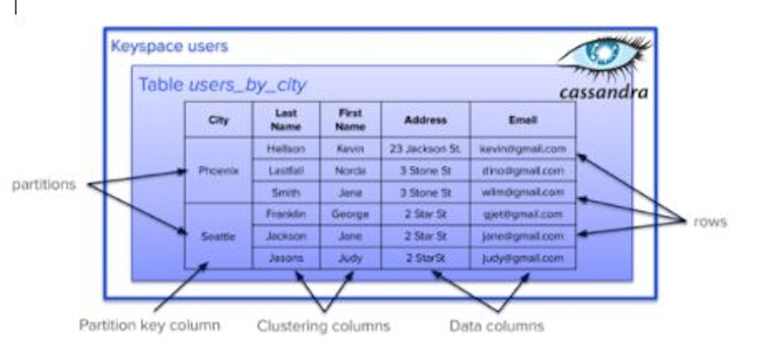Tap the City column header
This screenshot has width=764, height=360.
tap(219, 120)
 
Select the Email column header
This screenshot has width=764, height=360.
tap(523, 120)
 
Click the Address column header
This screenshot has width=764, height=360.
tap(425, 120)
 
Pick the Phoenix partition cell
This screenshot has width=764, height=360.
tap(219, 170)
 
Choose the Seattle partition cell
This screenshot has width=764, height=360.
tap(219, 236)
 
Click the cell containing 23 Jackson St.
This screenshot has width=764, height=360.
tap(425, 149)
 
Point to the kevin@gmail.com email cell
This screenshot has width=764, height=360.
tap(523, 149)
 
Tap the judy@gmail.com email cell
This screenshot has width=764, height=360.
tap(523, 258)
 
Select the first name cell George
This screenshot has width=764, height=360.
tap(350, 214)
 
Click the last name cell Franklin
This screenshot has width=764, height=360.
tap(286, 214)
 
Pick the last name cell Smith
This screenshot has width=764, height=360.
tap(286, 192)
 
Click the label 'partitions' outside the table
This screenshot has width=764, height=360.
tap(43, 185)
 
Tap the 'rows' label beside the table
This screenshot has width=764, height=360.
tap(710, 221)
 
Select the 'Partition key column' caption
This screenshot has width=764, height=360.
tap(149, 325)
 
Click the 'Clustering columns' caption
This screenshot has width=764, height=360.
tap(323, 326)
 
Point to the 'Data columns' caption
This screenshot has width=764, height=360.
tap(497, 326)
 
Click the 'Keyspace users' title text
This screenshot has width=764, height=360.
tap(169, 47)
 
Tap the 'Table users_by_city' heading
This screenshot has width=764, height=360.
tap(222, 85)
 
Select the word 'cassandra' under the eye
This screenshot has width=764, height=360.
tap(603, 93)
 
